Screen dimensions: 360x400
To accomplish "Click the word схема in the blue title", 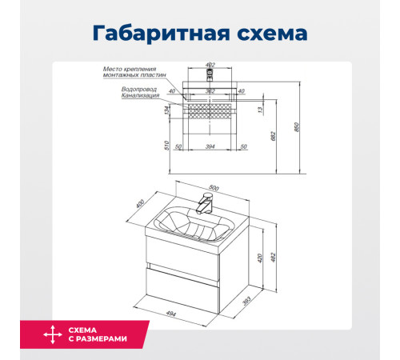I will point(268,34).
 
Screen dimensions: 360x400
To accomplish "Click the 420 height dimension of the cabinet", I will point(259,258).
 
